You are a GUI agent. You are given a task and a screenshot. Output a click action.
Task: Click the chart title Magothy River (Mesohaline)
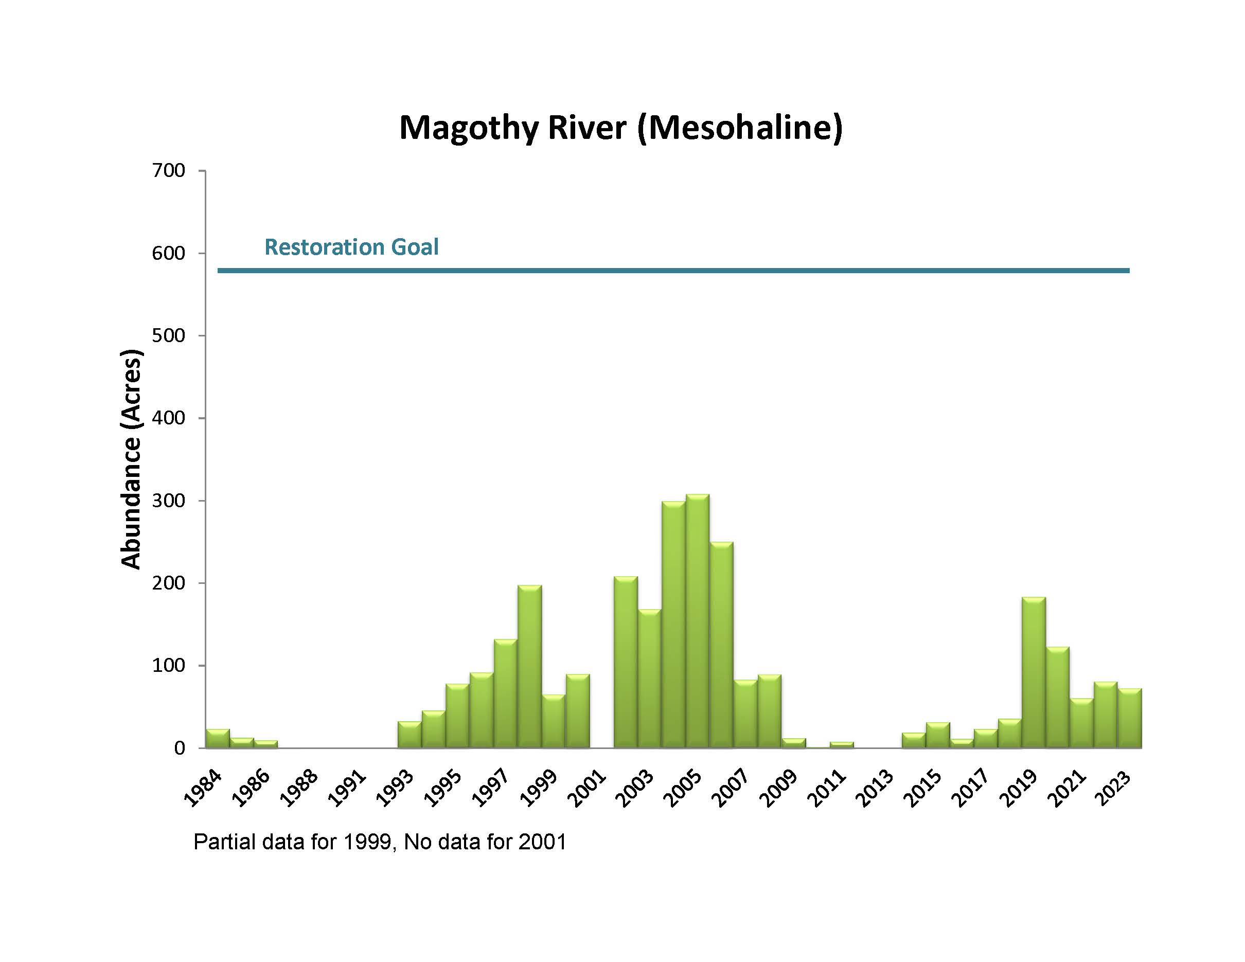coord(620,127)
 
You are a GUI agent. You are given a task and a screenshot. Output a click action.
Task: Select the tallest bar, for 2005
coord(698,621)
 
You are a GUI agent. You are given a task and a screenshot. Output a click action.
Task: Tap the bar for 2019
coord(1034,672)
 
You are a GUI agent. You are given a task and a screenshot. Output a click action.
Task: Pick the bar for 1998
coord(529,667)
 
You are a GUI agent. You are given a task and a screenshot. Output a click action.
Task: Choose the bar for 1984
coord(218,739)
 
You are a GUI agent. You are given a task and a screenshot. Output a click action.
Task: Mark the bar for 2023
coord(1129,718)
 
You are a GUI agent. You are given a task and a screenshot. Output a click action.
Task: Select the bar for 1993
coord(410,735)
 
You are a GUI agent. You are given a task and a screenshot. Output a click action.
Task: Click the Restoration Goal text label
coord(351,247)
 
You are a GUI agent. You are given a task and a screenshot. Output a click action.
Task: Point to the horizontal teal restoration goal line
coord(673,271)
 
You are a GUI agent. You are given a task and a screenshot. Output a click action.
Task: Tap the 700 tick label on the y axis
coord(168,170)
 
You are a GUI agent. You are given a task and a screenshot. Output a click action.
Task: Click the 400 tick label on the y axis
coord(168,418)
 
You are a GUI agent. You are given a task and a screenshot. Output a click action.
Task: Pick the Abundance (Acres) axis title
coord(131,459)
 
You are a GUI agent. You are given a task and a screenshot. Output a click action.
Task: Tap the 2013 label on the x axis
coord(876,789)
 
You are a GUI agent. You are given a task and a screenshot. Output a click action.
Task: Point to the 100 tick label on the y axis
coord(168,665)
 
